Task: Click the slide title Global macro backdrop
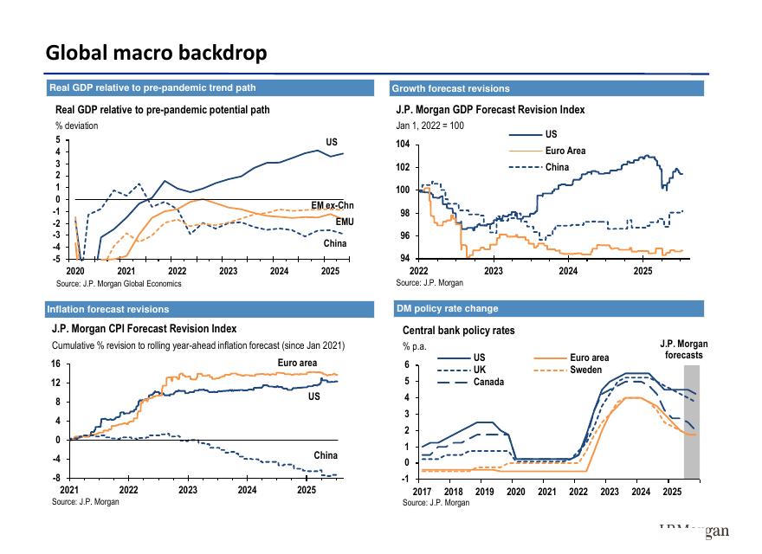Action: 156,53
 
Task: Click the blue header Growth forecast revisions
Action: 450,88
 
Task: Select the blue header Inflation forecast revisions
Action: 109,309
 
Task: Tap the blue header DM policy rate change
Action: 447,308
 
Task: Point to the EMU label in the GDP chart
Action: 345,222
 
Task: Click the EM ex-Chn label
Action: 333,206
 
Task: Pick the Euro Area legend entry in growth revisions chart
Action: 565,151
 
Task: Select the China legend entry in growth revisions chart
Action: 557,167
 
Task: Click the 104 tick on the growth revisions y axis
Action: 403,145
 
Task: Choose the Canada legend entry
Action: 488,383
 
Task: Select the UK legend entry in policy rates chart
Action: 480,370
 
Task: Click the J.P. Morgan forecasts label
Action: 683,350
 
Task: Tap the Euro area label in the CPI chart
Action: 297,363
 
